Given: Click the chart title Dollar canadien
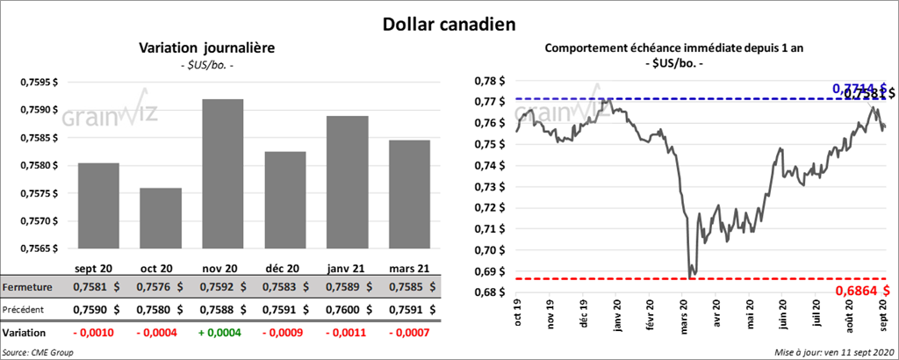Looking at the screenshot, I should point(449,24).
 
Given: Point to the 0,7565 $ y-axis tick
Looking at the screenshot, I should point(38,248).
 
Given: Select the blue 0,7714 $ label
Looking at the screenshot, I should point(854,88).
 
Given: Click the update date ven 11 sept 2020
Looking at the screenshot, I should point(833,351).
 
